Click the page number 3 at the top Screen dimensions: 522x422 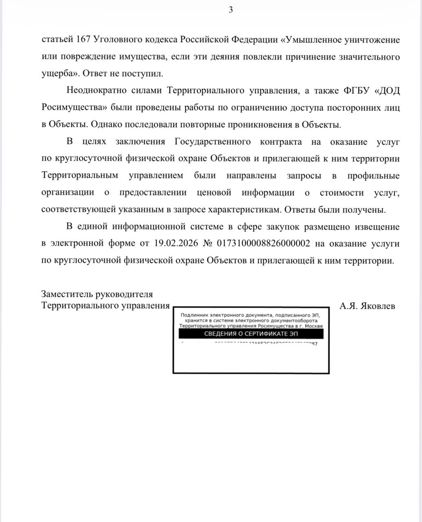coord(231,10)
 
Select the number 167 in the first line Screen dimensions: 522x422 coord(83,40)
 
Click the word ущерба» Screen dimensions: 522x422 coord(59,74)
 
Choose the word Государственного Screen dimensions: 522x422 coord(212,142)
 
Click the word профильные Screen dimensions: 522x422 coord(374,175)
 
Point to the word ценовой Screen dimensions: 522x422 coord(213,192)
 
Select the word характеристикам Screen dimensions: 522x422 coord(244,210)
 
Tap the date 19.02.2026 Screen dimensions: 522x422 coord(176,243)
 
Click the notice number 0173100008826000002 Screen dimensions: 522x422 coord(264,243)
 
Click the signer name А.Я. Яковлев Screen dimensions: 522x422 coord(367,305)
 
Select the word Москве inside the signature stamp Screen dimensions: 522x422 coord(314,326)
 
